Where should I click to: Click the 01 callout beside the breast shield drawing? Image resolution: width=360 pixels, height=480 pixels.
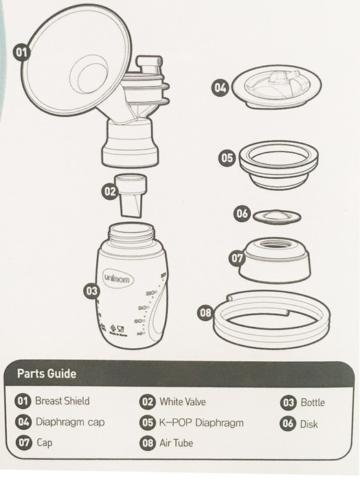point(22,52)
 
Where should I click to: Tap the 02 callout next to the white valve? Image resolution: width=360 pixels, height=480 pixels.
point(109,192)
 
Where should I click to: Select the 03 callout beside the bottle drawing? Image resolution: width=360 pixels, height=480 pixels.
point(91,290)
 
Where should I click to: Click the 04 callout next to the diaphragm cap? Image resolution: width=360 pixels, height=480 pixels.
point(219,88)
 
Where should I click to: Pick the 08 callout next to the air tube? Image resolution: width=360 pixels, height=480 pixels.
point(205,312)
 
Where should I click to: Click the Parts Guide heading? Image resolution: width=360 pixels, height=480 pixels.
point(47,374)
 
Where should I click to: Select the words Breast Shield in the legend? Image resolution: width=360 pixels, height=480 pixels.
point(62,401)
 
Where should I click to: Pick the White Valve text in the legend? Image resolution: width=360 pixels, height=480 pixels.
point(182,402)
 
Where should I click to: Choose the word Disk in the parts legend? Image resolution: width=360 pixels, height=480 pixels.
point(309,424)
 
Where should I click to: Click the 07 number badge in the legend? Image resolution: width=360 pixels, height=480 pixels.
point(24,443)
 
